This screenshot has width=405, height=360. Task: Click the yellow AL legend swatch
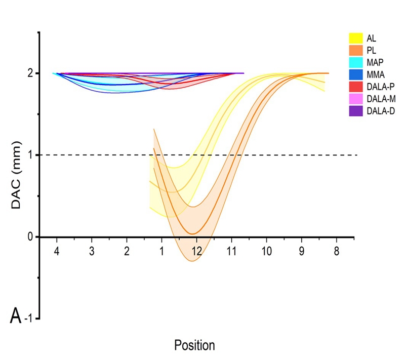point(357,37)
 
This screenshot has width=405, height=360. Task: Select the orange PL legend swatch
point(357,50)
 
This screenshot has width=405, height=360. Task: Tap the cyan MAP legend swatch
point(357,62)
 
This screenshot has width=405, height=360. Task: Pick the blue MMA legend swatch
point(357,74)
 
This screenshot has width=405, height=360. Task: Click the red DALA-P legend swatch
point(357,87)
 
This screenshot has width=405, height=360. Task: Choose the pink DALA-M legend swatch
point(357,99)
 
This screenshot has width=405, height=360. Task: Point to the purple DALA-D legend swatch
point(357,111)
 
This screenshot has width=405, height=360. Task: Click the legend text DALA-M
point(382,99)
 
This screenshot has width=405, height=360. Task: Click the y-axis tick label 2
point(30,73)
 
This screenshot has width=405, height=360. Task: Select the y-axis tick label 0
point(30,237)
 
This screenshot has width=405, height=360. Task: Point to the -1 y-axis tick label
point(30,318)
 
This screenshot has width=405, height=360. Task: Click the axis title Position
point(194,345)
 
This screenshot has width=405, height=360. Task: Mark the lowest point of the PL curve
point(193,233)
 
